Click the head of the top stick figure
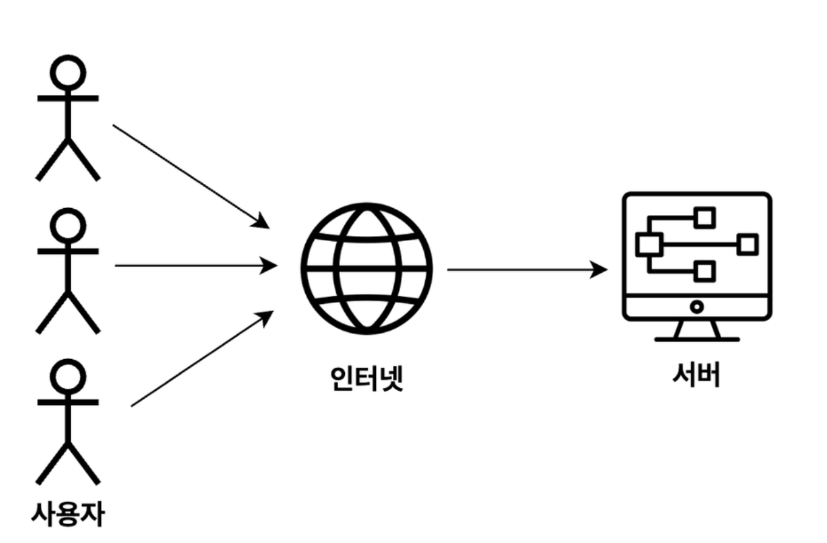(67, 72)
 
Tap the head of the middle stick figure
(67, 225)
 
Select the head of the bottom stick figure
(67, 376)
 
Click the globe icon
(367, 268)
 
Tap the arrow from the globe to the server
(526, 269)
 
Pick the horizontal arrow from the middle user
(195, 265)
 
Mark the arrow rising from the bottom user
(201, 359)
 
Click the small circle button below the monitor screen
(697, 307)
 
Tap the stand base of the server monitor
(697, 338)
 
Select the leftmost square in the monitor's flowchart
(648, 245)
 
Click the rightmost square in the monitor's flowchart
(747, 245)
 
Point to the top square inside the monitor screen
(705, 218)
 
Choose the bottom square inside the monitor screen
(705, 271)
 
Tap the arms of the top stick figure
(67, 98)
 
